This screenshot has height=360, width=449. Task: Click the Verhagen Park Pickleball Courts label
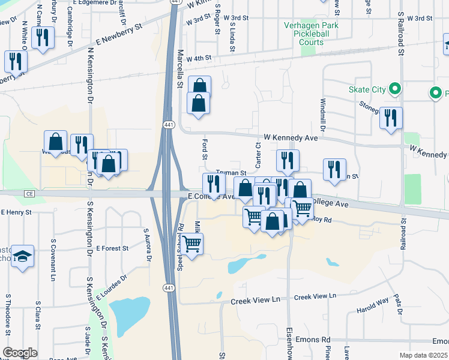(312, 34)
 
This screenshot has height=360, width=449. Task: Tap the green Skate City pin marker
(394, 89)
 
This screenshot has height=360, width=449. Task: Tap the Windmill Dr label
(322, 115)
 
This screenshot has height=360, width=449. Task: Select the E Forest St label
(112, 248)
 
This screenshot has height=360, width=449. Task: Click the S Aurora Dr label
(146, 244)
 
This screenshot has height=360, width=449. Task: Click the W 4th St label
(199, 59)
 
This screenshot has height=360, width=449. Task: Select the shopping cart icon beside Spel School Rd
(191, 244)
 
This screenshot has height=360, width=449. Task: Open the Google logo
(20, 353)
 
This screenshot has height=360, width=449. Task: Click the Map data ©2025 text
(423, 355)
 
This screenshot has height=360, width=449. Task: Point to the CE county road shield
(29, 194)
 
